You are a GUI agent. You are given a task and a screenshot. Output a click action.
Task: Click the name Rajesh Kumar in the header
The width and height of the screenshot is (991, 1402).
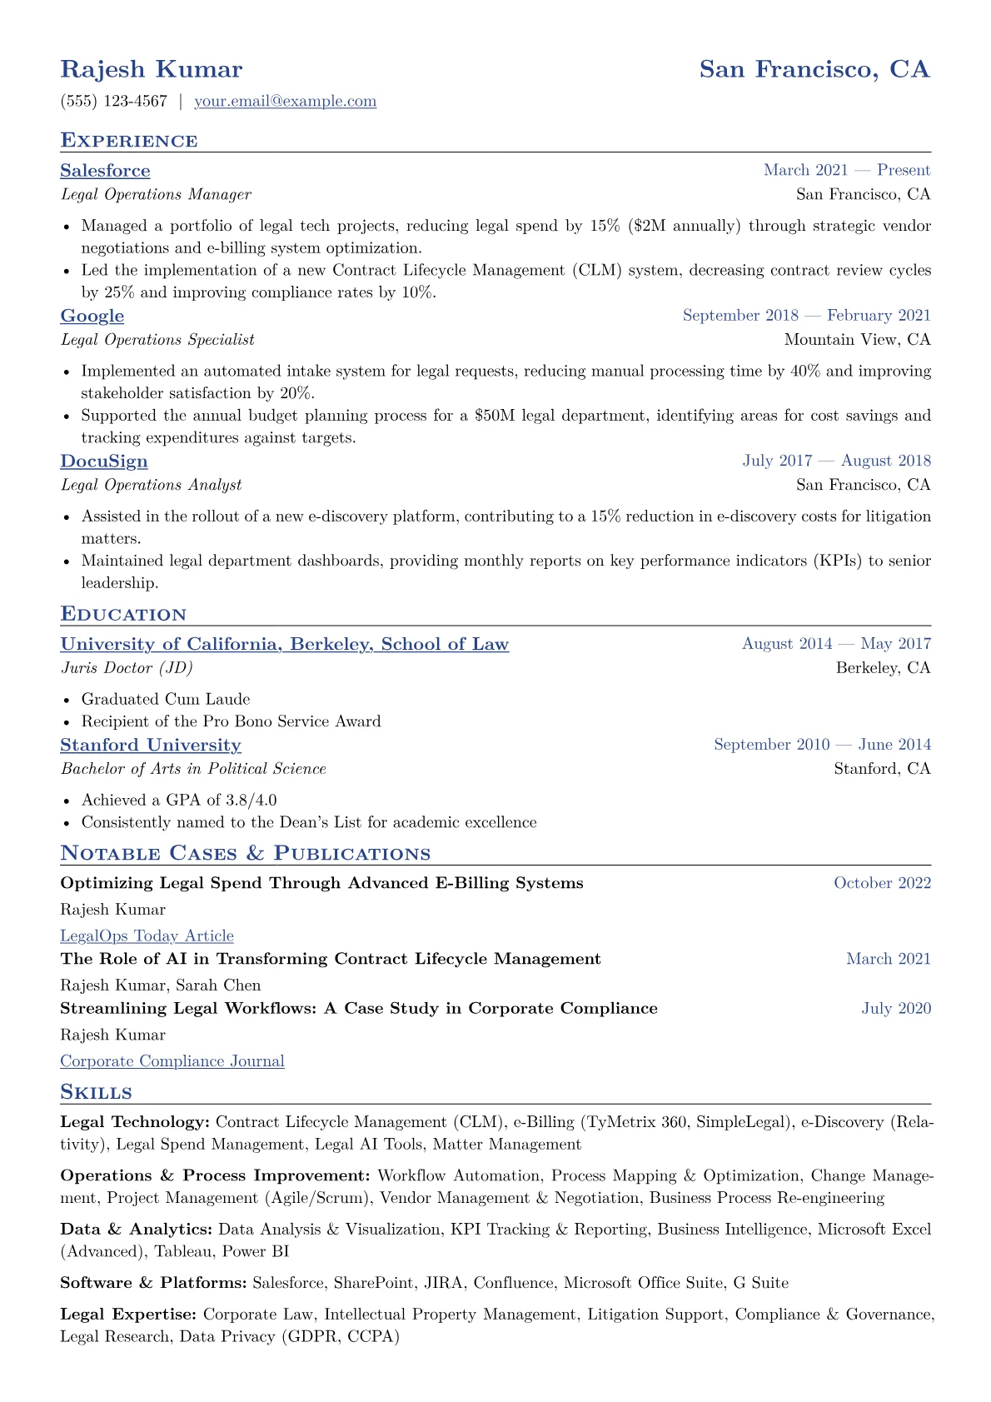pyautogui.click(x=152, y=69)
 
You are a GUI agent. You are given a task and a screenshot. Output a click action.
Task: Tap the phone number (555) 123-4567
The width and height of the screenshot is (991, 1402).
pyautogui.click(x=114, y=102)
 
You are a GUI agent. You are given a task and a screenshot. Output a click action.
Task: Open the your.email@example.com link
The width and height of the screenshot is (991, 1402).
pyautogui.click(x=285, y=102)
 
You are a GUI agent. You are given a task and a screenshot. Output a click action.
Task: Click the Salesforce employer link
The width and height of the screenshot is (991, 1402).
pyautogui.click(x=105, y=171)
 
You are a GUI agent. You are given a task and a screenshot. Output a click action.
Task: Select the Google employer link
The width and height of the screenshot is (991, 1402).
pyautogui.click(x=92, y=316)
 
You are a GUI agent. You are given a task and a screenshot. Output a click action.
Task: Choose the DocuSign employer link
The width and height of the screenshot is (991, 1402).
pyautogui.click(x=104, y=462)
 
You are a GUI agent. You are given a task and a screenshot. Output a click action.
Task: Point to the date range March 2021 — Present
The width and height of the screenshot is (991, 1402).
pyautogui.click(x=846, y=170)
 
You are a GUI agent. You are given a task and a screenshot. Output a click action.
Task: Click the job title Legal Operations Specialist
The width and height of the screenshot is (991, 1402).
pyautogui.click(x=157, y=340)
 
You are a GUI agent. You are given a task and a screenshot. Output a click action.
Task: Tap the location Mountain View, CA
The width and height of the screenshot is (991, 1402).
pyautogui.click(x=857, y=340)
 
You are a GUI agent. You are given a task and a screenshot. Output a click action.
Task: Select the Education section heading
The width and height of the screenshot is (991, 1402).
pyautogui.click(x=123, y=615)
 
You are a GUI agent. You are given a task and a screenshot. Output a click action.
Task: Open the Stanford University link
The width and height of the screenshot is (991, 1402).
pyautogui.click(x=151, y=745)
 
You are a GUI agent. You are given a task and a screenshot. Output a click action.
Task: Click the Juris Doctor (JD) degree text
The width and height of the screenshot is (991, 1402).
pyautogui.click(x=127, y=668)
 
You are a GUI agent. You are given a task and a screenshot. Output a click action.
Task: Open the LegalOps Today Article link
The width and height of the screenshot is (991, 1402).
pyautogui.click(x=147, y=936)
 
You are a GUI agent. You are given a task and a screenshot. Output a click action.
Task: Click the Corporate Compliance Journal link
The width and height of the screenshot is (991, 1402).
pyautogui.click(x=172, y=1061)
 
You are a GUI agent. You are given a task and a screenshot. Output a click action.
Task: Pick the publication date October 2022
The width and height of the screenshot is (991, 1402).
pyautogui.click(x=882, y=883)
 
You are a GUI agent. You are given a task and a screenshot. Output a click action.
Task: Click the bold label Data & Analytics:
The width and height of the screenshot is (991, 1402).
pyautogui.click(x=136, y=1230)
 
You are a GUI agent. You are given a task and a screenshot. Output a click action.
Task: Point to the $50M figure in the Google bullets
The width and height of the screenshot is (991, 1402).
pyautogui.click(x=495, y=416)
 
